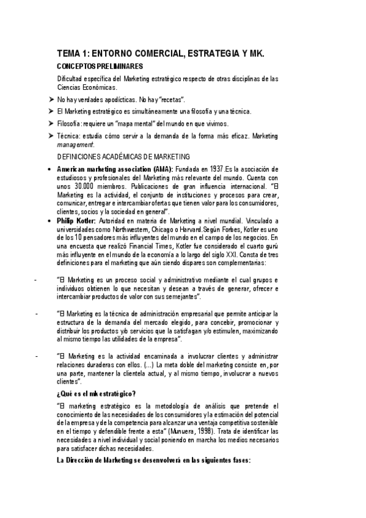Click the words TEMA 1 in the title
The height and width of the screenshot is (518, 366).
point(71,53)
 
